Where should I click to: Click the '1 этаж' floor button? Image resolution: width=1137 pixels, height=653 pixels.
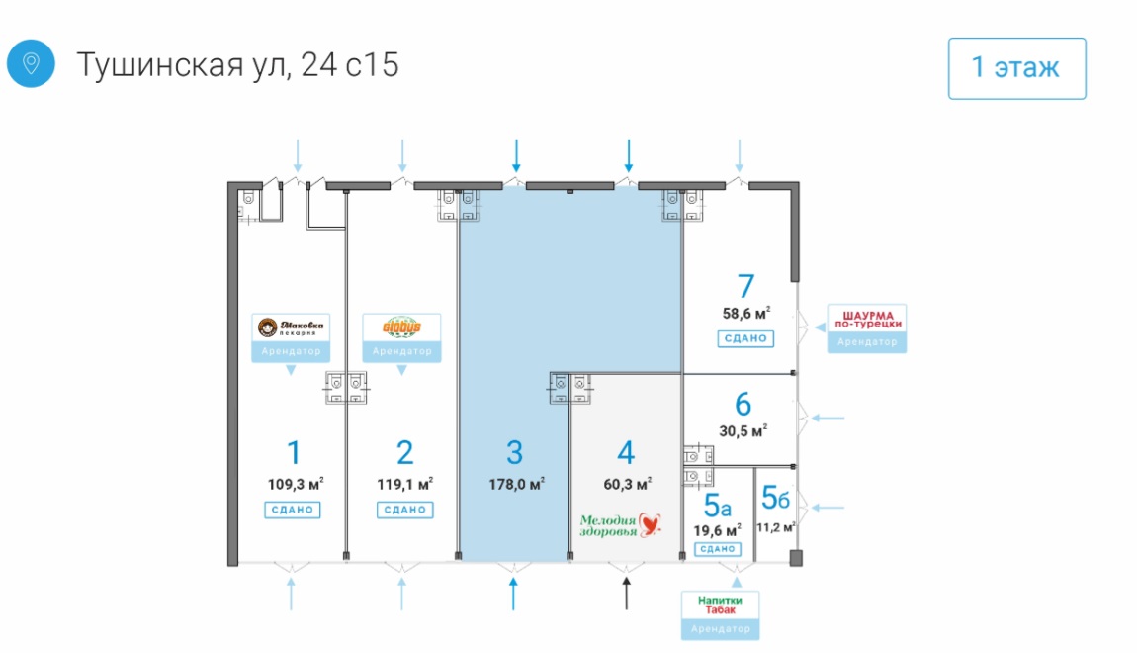click(1016, 68)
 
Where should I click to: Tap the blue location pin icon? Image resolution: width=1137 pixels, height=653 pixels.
click(31, 64)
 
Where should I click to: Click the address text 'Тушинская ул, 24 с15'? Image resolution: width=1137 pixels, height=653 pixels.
click(237, 65)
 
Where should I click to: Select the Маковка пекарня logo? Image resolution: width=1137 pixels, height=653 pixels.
click(291, 326)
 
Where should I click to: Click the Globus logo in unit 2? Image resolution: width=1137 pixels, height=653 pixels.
click(401, 326)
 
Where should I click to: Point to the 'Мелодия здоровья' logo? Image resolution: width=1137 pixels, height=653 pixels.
click(619, 523)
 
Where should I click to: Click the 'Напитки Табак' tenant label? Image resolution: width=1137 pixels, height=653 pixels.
click(720, 605)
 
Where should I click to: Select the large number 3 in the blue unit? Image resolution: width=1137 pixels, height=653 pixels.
click(514, 453)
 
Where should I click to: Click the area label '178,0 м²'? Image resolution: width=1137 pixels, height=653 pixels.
click(517, 485)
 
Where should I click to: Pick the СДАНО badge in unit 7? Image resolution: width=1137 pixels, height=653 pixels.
click(745, 338)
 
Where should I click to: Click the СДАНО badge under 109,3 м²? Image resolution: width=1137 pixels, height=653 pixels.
click(291, 510)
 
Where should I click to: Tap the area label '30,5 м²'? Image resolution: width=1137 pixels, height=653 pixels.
click(744, 430)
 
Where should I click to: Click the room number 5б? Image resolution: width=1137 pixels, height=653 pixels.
click(775, 497)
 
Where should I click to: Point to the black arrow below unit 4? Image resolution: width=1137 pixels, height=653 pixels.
click(626, 594)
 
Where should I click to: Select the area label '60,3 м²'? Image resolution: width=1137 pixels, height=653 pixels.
click(627, 485)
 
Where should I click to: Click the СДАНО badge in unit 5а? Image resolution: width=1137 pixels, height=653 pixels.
click(719, 548)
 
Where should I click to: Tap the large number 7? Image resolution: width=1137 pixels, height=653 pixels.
click(745, 286)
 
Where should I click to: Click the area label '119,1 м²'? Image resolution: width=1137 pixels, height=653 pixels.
click(404, 485)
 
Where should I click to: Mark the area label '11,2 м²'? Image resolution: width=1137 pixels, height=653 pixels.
click(776, 527)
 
